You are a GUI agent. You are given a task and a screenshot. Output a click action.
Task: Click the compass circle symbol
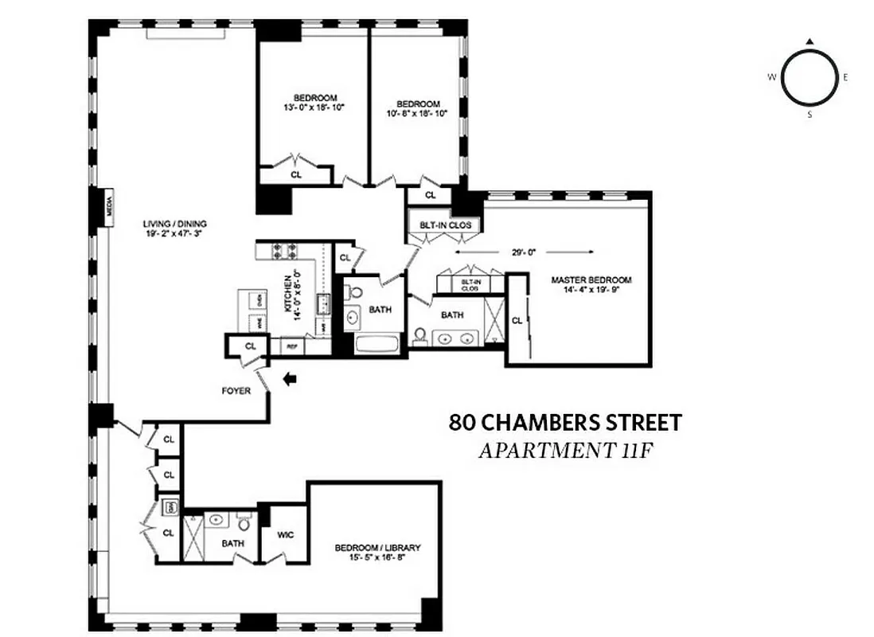tap(809, 77)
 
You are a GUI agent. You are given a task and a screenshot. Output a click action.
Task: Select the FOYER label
tap(236, 391)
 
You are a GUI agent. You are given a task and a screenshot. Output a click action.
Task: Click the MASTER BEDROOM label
tap(591, 280)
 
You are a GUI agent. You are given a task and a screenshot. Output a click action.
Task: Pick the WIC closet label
tap(286, 534)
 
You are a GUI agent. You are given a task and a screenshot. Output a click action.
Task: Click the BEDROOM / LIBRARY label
tap(377, 548)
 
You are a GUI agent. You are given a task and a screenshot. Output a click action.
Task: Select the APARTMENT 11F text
tap(565, 450)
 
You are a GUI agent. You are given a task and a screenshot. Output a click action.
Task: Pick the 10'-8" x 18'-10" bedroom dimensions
tap(419, 113)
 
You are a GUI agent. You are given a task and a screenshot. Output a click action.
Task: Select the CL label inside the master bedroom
tap(517, 321)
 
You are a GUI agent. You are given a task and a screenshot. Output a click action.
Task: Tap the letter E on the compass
tap(845, 77)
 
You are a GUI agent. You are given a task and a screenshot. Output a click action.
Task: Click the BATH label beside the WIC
tap(233, 544)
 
